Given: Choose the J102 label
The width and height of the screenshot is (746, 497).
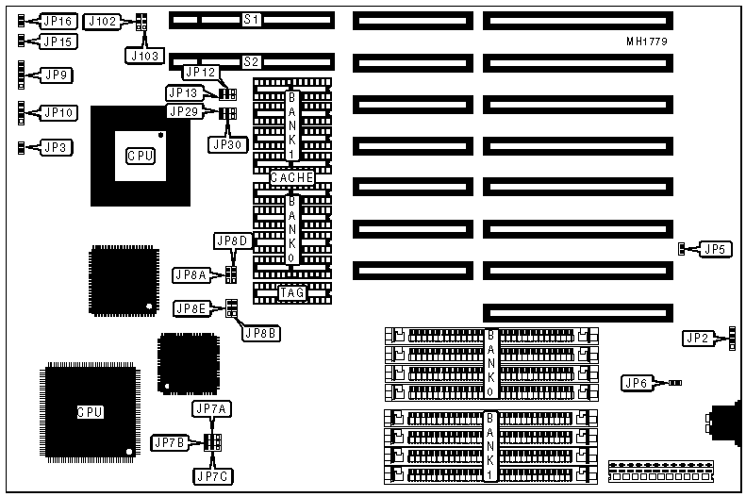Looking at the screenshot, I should tap(101, 21).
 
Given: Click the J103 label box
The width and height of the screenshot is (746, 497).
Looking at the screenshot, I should tap(142, 55).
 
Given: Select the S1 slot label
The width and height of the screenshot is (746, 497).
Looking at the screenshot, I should tap(251, 20).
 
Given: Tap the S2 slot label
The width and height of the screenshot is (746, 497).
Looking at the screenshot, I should tap(251, 62).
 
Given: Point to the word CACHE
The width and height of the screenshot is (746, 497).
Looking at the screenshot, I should tap(291, 178).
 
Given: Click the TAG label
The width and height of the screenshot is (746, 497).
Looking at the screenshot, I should tap(291, 293).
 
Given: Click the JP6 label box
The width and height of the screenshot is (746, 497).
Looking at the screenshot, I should tap(637, 383).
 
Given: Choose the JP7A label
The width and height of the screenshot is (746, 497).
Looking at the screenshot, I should tap(210, 408).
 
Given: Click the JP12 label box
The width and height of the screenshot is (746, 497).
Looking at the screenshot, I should tap(201, 72).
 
